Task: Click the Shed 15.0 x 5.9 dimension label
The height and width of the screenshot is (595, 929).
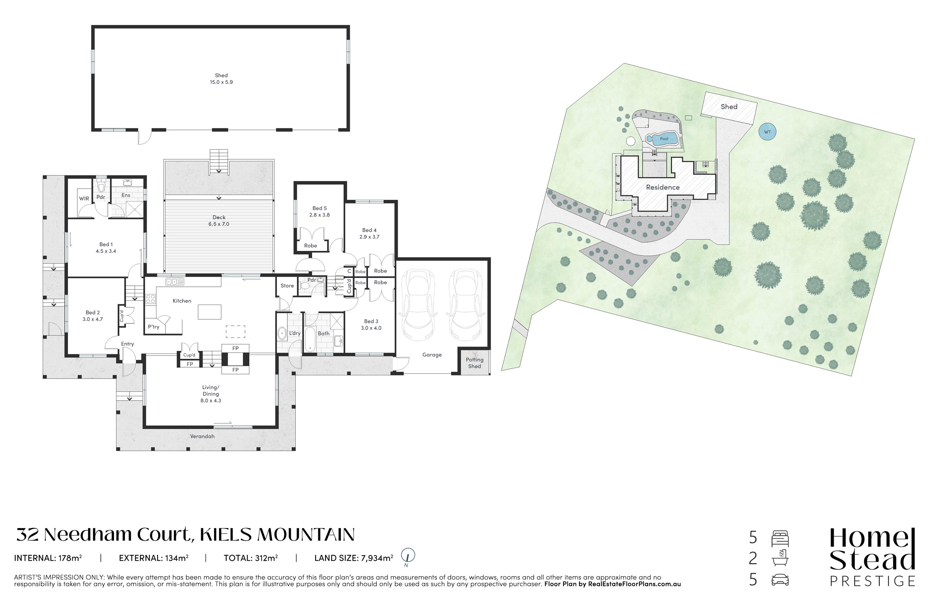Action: (221, 79)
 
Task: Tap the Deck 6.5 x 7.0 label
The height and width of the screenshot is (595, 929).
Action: (219, 220)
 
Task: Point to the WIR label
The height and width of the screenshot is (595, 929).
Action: (84, 199)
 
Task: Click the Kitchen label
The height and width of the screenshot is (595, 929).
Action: (182, 301)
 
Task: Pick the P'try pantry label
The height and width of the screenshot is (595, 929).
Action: (154, 327)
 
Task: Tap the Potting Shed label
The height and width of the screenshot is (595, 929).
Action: (474, 363)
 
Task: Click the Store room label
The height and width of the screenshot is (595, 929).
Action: (287, 285)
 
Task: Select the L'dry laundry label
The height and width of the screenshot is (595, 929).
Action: (295, 333)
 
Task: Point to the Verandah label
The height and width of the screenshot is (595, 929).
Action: (202, 436)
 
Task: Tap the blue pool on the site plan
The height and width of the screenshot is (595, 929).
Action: (662, 139)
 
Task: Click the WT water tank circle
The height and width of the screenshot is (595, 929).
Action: (768, 132)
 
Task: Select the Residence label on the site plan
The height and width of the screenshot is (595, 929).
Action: (663, 187)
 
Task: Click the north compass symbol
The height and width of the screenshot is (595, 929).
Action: (408, 556)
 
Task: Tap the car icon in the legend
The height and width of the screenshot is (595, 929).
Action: (780, 579)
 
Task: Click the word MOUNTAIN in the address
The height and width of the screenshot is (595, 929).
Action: (306, 535)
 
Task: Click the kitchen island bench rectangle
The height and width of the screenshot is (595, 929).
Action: (209, 312)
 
